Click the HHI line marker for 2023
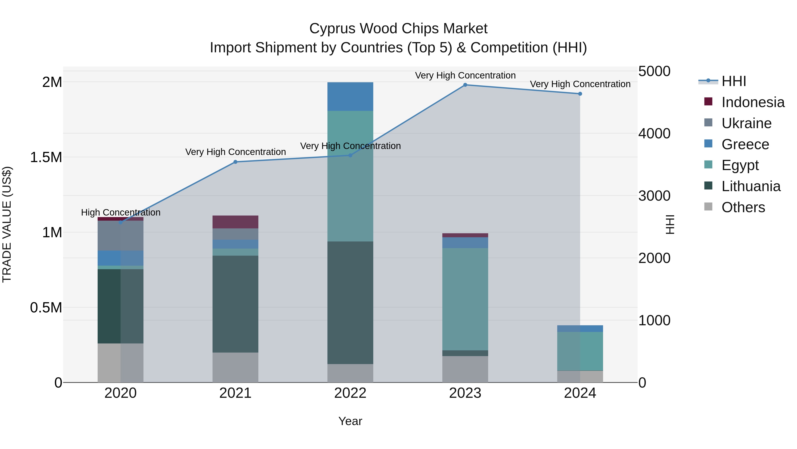465,85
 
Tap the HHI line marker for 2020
121,222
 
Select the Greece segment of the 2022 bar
350,96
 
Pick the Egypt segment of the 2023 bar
465,299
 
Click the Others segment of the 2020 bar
121,363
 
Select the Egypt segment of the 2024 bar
580,351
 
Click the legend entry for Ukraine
746,123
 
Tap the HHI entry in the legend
733,81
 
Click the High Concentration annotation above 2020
121,213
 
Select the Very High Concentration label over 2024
580,84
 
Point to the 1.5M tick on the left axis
46,157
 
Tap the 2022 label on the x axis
350,393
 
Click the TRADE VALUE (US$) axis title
7,224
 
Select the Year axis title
350,421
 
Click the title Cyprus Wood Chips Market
398,29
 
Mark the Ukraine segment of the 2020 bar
121,235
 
